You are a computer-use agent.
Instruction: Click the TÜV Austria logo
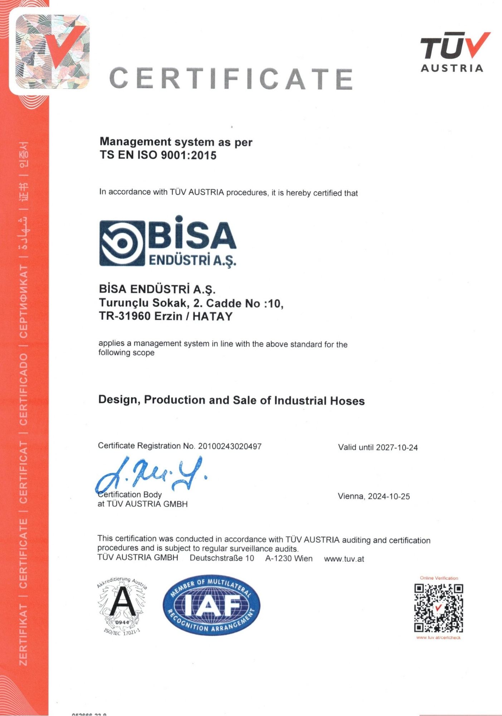(454, 52)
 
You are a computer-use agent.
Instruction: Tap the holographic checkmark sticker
(52, 52)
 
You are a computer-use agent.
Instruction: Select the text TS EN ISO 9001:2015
(158, 155)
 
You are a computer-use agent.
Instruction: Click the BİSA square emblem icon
(122, 243)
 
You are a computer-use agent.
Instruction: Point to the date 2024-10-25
(389, 497)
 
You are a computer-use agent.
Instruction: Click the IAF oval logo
(211, 605)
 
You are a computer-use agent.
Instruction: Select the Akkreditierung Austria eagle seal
(122, 605)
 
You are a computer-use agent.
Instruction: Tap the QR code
(439, 608)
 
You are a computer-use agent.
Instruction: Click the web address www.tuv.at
(344, 559)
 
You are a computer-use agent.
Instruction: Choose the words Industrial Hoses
(319, 401)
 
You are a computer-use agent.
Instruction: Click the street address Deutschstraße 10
(222, 558)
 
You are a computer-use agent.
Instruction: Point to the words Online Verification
(439, 578)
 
